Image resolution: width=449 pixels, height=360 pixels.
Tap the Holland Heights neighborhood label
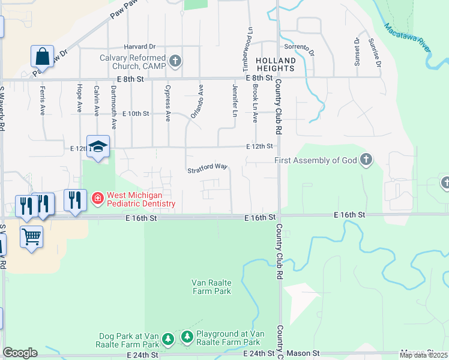point(276,65)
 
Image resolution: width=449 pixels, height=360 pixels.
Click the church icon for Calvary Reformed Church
point(175,61)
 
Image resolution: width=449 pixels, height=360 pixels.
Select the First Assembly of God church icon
point(366,160)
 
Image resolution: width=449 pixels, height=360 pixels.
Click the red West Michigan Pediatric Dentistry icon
point(97,198)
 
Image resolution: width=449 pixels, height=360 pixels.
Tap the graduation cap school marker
point(98,146)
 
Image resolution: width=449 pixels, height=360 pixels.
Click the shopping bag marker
point(43,56)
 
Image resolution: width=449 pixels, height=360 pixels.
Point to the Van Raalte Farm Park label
point(211,287)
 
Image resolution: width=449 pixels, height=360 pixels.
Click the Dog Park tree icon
point(169,339)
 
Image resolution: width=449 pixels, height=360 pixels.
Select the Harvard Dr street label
point(139,46)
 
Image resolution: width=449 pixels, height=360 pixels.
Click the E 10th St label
point(135,113)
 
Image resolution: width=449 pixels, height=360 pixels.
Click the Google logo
point(20,353)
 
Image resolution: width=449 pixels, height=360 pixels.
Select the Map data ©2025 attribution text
point(424,355)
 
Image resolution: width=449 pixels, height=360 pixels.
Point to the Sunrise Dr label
point(375,52)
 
